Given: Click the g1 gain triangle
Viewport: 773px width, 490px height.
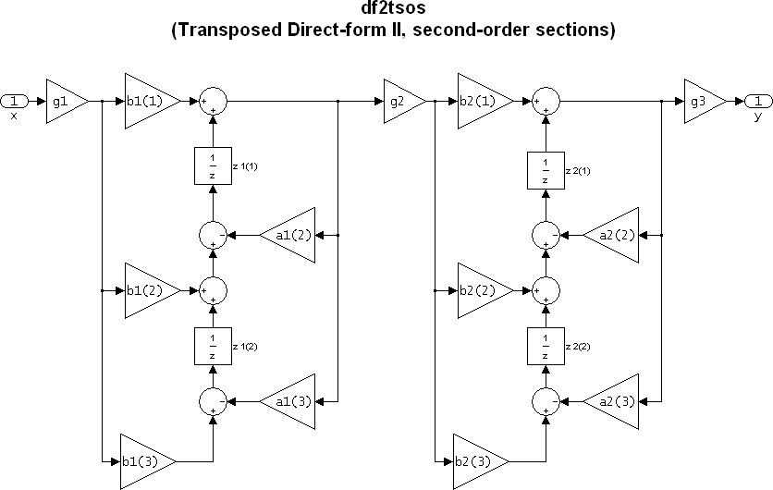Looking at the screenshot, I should (64, 100).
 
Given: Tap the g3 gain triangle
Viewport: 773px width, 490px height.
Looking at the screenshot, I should (703, 100).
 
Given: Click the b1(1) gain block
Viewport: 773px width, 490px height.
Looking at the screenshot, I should (147, 100).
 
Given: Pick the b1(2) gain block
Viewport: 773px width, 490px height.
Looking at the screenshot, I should (147, 291).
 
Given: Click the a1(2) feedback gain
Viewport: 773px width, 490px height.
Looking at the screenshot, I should (288, 237).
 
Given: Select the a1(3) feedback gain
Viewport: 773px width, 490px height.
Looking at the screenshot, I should (288, 402).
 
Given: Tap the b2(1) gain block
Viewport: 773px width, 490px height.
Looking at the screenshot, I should (480, 100).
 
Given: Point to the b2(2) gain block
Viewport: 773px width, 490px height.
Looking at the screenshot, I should (480, 291).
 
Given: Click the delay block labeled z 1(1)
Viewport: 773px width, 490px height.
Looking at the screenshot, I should (213, 165).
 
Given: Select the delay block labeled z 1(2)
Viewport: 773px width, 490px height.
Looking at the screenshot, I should (213, 347).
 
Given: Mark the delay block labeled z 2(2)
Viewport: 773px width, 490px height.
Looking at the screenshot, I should (546, 347).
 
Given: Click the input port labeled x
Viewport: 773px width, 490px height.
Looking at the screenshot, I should (15, 100).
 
